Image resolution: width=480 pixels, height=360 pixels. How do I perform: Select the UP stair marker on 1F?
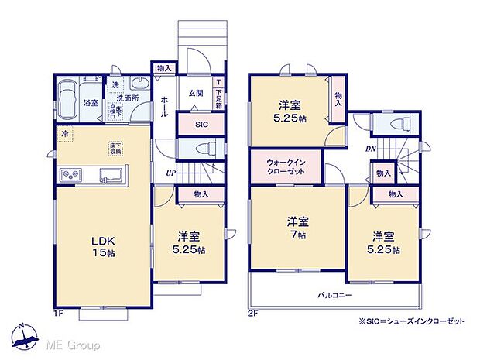170,173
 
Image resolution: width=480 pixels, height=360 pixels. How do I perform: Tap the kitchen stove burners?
70,178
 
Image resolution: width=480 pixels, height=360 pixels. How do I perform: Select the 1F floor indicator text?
58,314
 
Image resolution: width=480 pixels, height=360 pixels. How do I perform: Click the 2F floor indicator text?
253,314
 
